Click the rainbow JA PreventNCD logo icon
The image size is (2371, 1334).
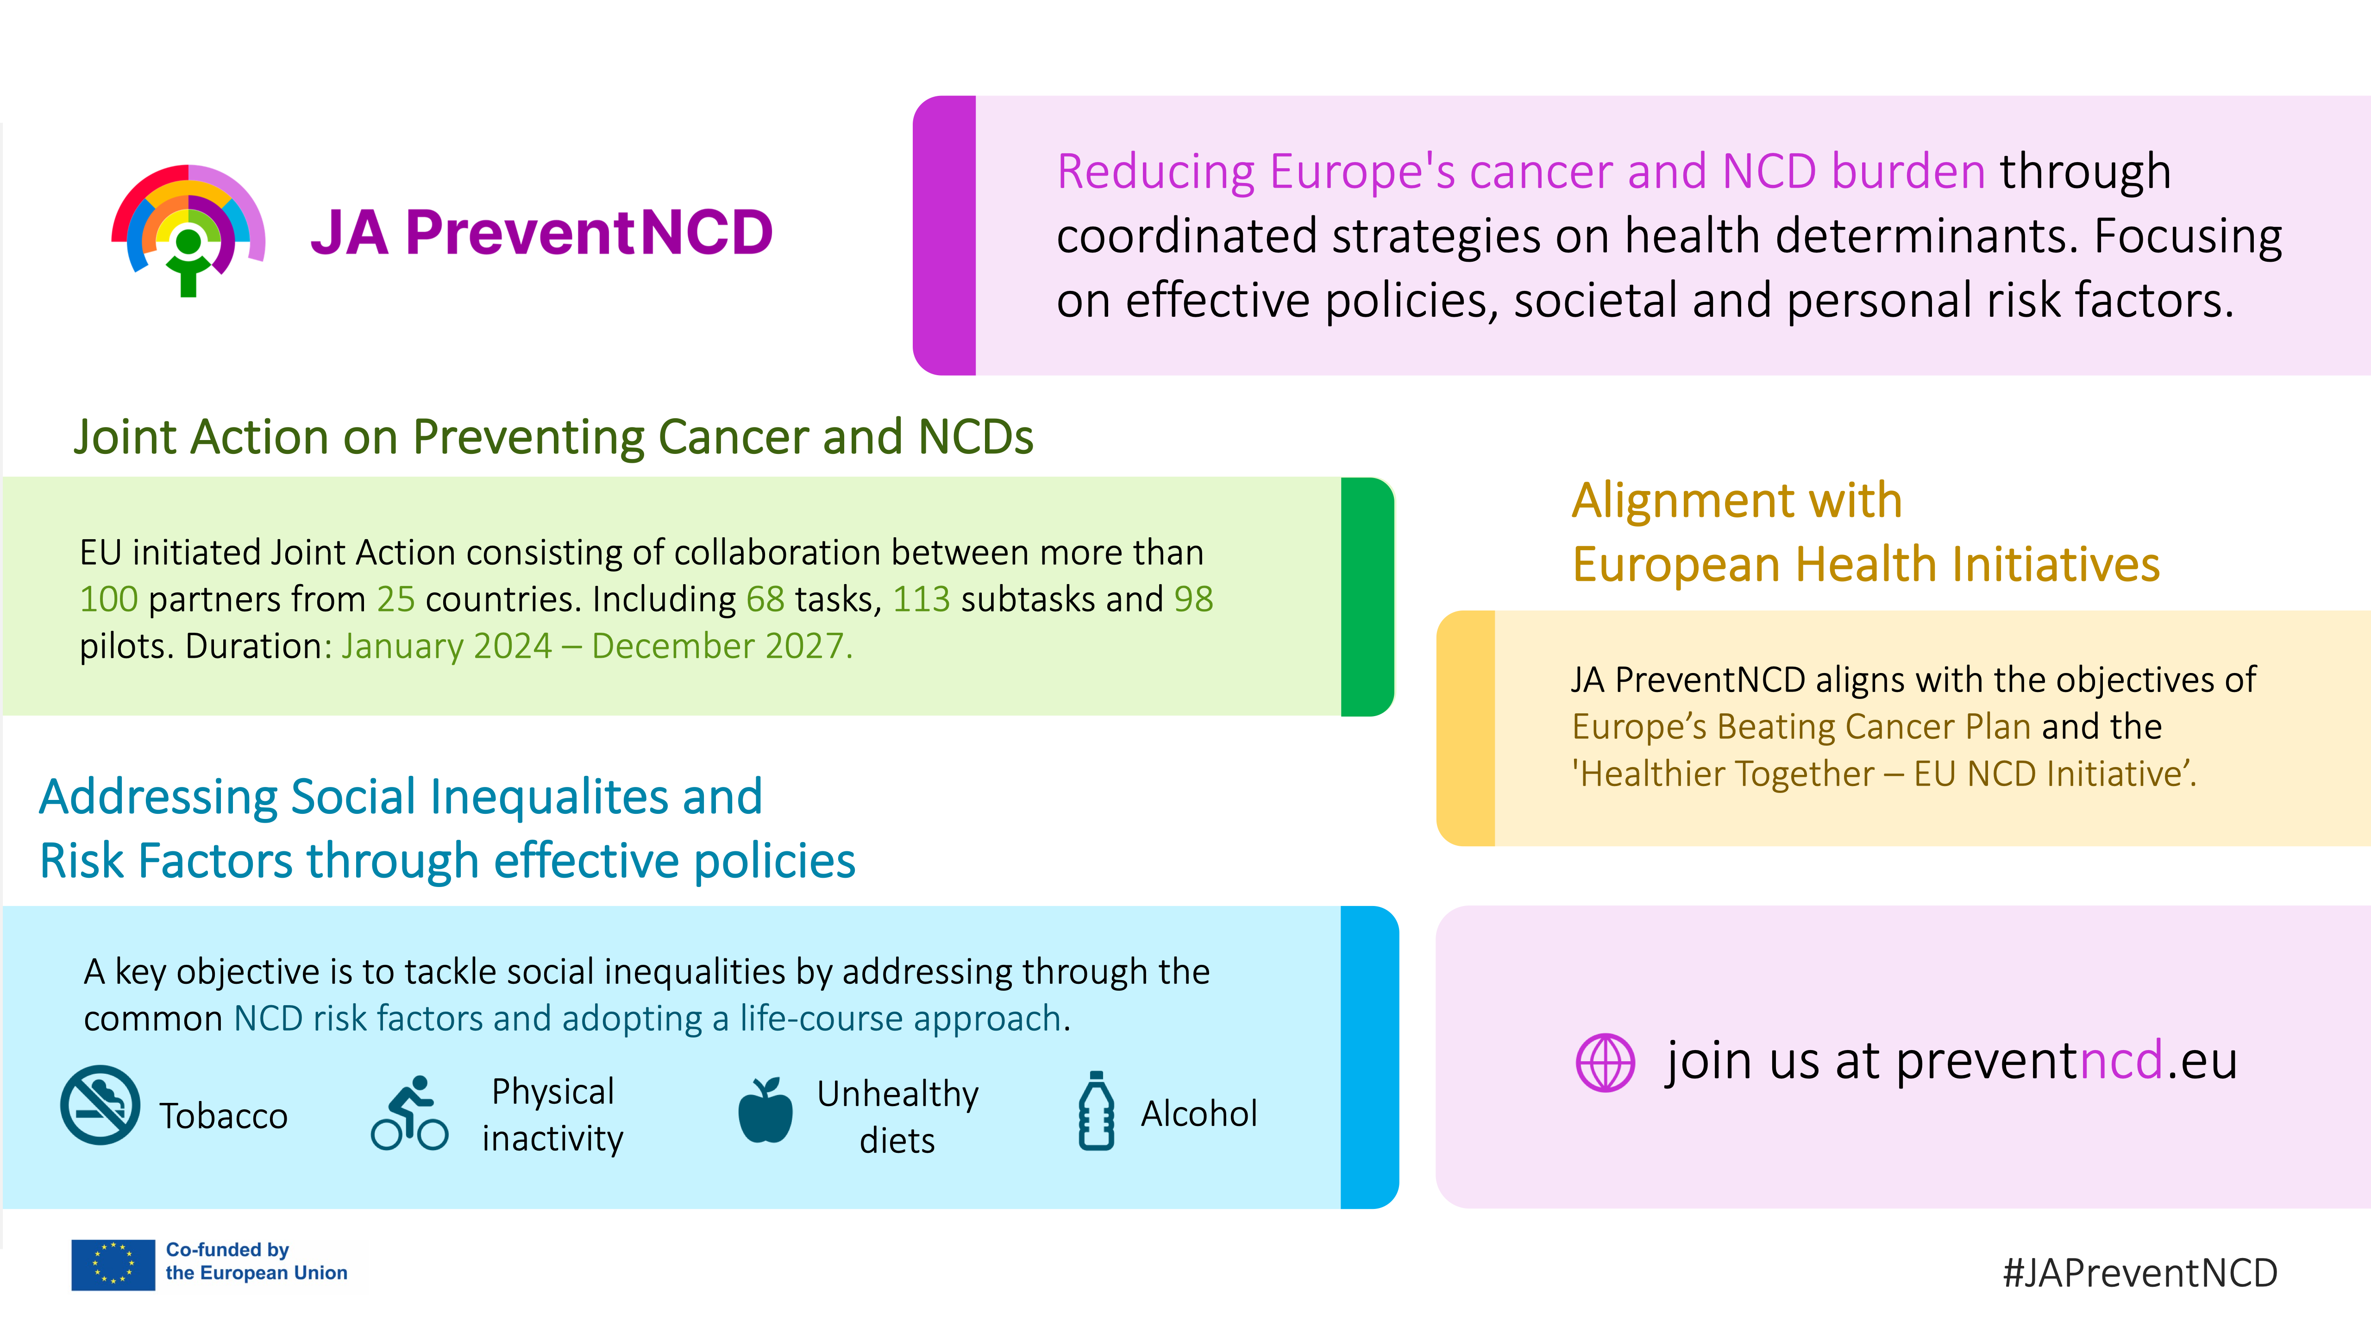(x=188, y=230)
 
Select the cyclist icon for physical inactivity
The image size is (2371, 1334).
(x=409, y=1113)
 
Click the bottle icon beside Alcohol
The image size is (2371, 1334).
(x=1096, y=1110)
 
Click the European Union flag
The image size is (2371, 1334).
(x=113, y=1265)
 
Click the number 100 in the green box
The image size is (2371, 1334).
(x=109, y=599)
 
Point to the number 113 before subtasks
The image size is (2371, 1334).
(x=922, y=599)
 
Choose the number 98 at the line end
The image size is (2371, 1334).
(x=1194, y=599)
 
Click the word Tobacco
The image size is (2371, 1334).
(x=224, y=1116)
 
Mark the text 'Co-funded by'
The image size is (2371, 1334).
(x=227, y=1249)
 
